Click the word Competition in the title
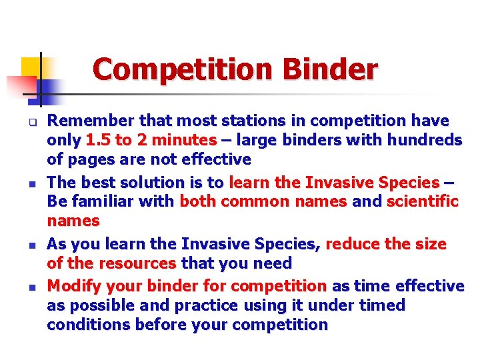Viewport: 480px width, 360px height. pyautogui.click(x=183, y=69)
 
